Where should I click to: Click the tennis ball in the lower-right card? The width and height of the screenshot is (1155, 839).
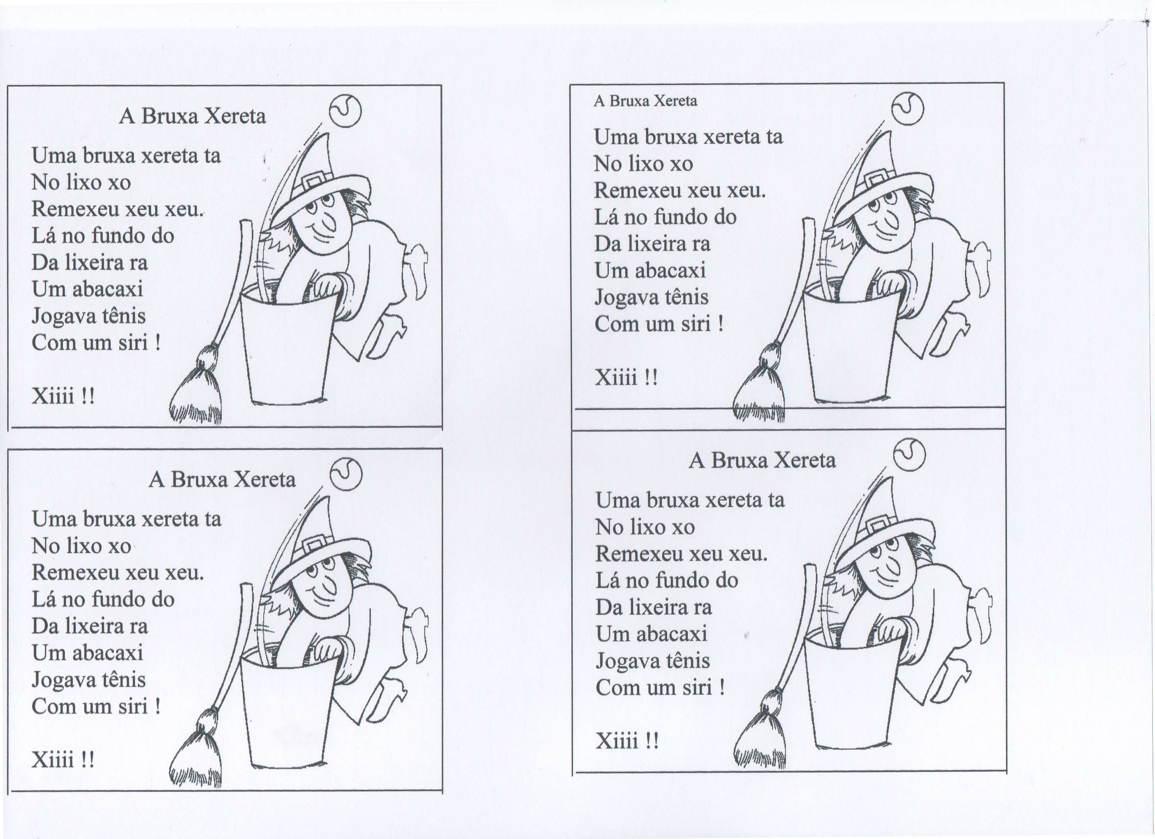pyautogui.click(x=909, y=454)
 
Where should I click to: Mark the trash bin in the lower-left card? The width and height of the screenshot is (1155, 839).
pyautogui.click(x=288, y=710)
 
